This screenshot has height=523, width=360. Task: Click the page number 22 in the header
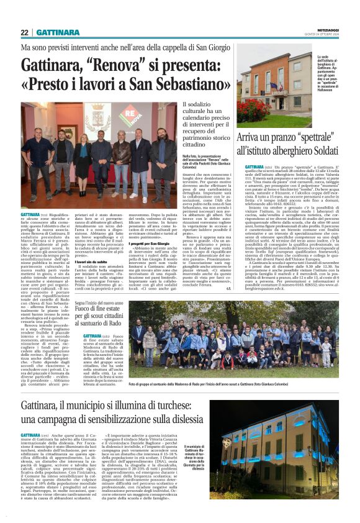click(x=25, y=32)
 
